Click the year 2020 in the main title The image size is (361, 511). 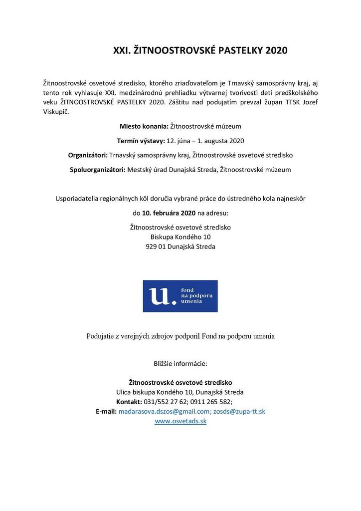[x=276, y=51]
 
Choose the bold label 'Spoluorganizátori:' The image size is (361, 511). [x=98, y=170]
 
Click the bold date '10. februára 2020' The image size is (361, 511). [x=169, y=213]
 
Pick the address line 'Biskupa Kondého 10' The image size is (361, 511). [x=180, y=237]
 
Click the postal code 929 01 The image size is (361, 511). [x=156, y=247]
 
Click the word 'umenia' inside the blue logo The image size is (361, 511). [x=190, y=302]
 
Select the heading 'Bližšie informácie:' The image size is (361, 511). [x=180, y=363]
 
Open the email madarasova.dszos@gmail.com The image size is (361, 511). [x=165, y=411]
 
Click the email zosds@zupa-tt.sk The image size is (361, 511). [x=239, y=411]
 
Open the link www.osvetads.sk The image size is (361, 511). [x=180, y=421]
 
